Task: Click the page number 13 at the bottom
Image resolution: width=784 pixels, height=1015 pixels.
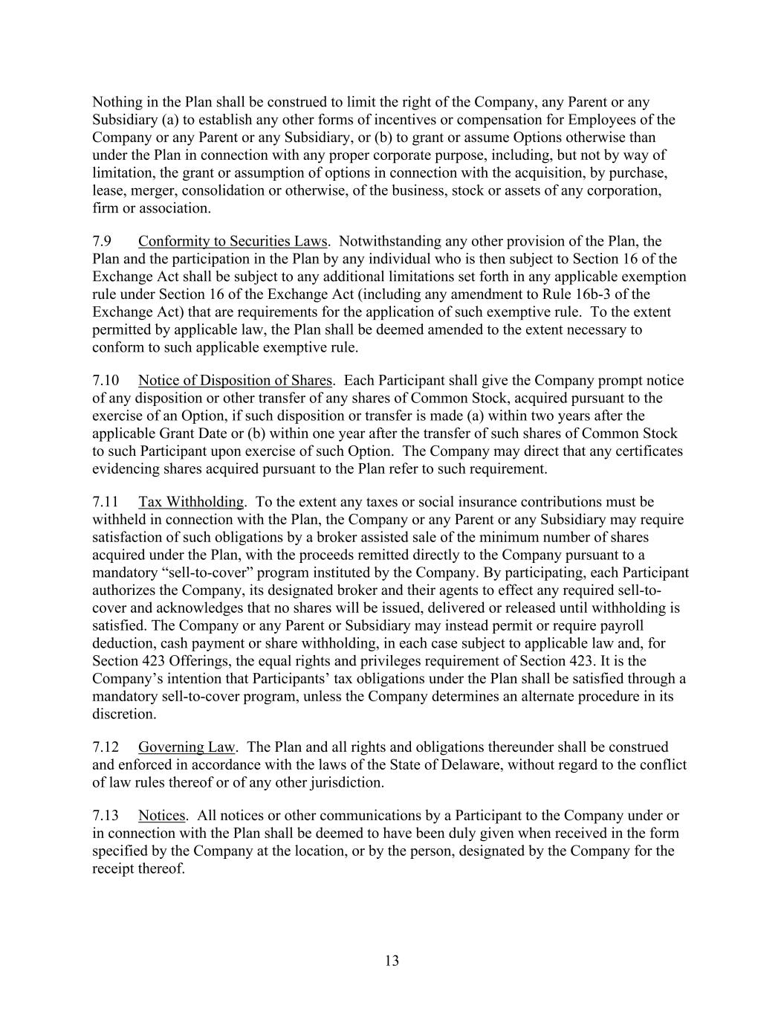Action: coord(392,961)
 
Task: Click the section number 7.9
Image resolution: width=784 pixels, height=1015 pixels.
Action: coord(102,241)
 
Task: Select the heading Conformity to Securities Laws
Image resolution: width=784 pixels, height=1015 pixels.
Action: coord(233,241)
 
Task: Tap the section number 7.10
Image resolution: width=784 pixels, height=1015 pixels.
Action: coord(106,380)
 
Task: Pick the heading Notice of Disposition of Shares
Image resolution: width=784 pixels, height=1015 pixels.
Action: coord(235,380)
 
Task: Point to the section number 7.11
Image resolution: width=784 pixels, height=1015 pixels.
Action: coord(106,502)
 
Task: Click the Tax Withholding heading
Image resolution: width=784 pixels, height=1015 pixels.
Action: coord(191,502)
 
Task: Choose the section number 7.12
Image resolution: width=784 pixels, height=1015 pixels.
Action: coord(106,747)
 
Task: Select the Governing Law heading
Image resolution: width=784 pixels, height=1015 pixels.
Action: coord(187,747)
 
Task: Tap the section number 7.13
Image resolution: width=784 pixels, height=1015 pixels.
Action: coord(106,816)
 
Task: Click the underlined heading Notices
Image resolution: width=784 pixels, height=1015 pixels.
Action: coord(162,816)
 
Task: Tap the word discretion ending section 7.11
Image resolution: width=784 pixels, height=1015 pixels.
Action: coord(123,714)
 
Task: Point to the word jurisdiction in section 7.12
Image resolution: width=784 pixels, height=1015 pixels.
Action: coord(347,782)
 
